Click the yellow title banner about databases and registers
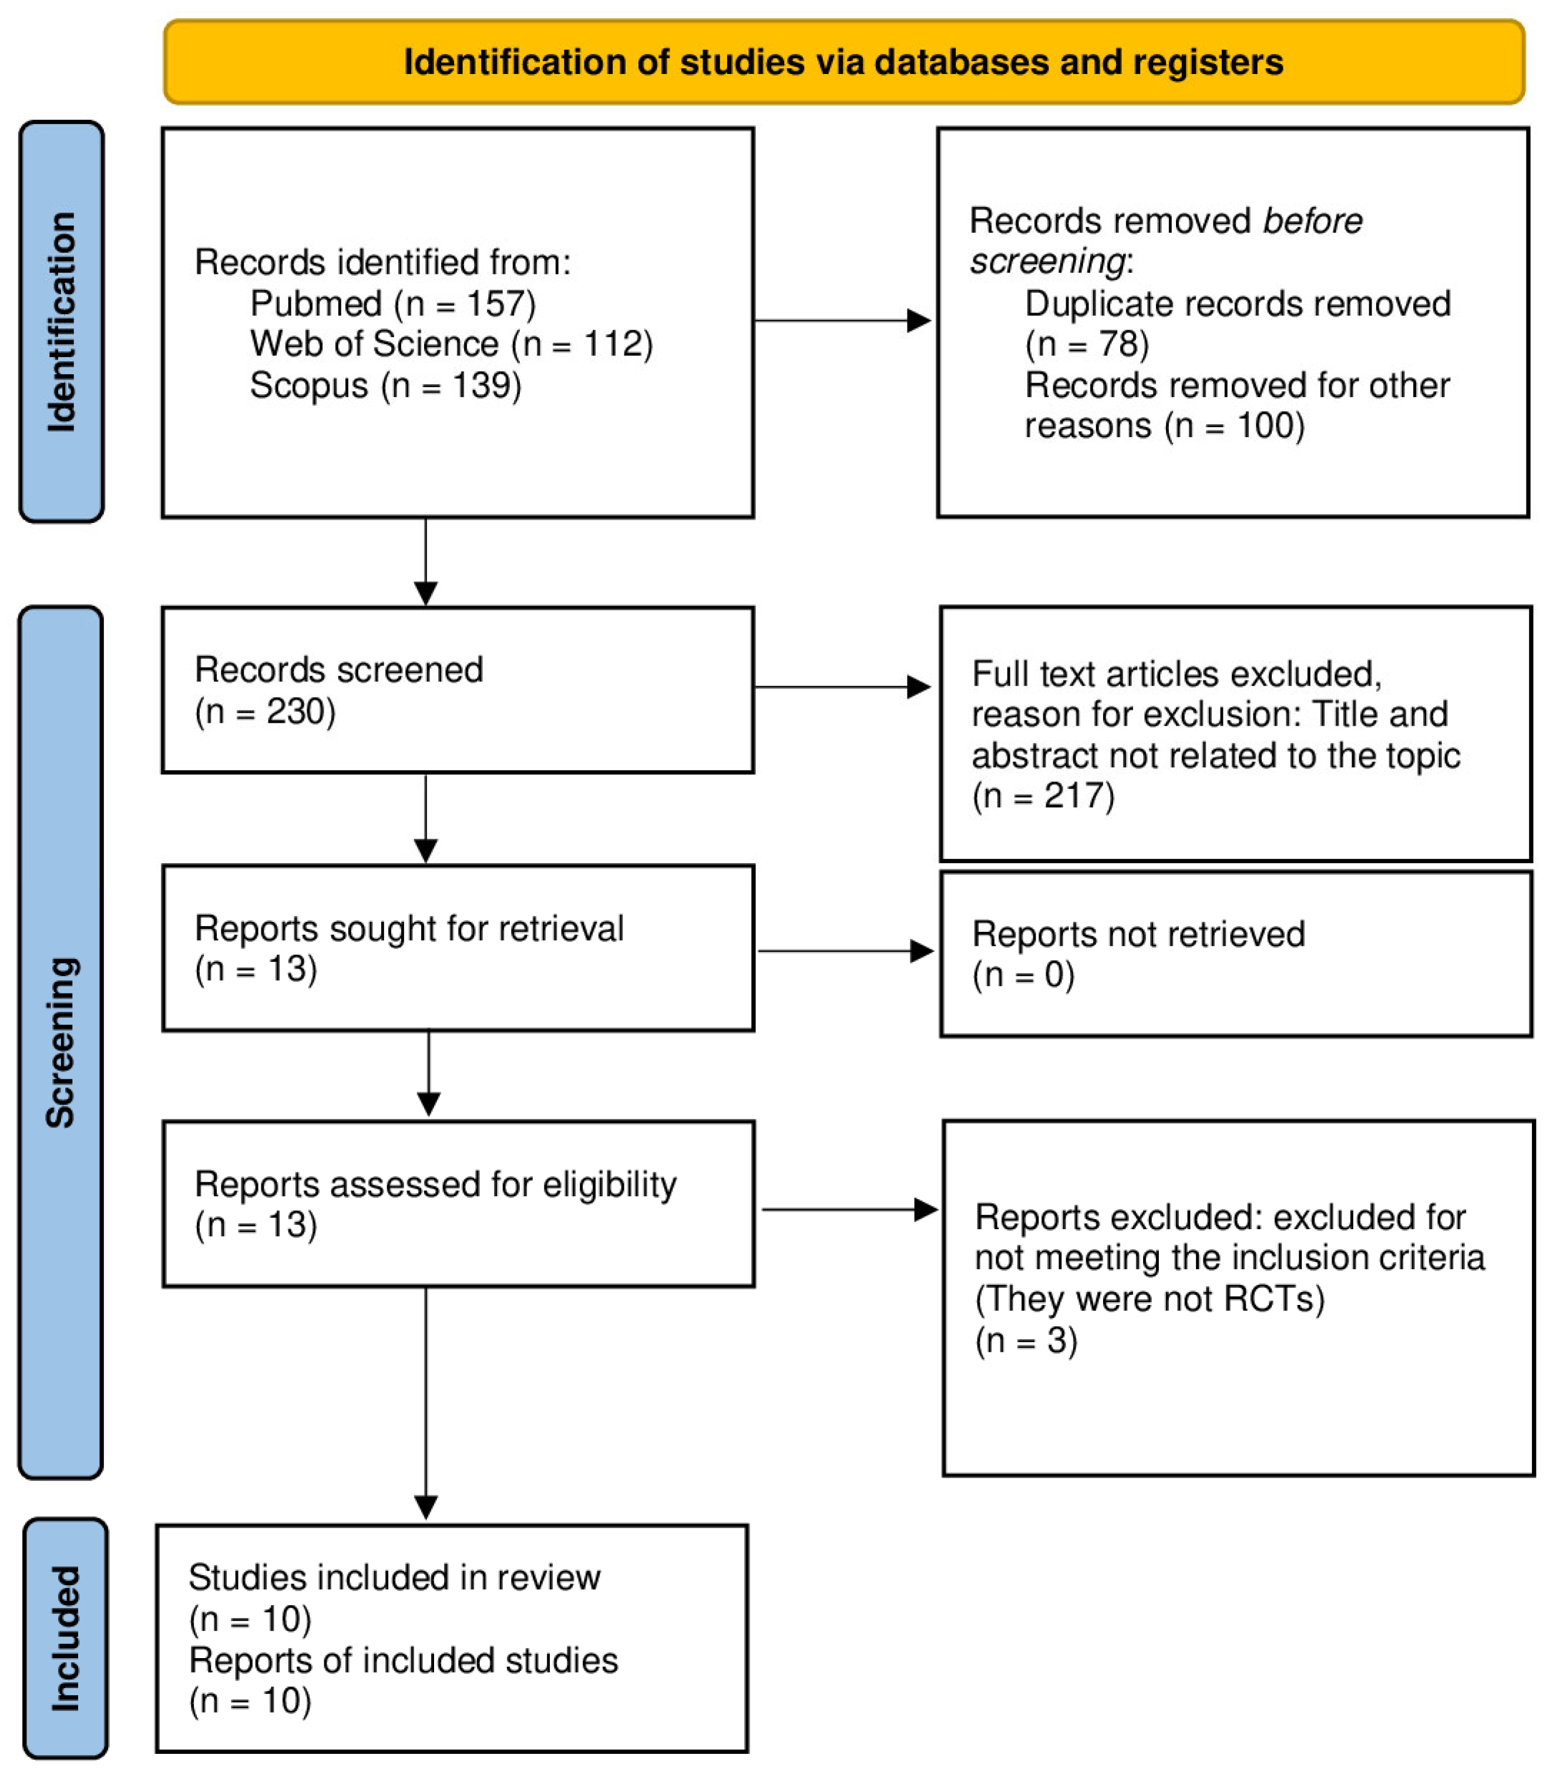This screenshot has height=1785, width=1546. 843,62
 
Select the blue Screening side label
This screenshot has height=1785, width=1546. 61,1042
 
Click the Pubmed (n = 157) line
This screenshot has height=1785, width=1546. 392,304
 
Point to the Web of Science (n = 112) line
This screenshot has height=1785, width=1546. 451,344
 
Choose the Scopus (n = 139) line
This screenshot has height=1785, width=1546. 386,385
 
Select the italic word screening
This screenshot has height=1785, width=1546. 1047,261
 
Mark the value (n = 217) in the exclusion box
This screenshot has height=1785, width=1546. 1043,796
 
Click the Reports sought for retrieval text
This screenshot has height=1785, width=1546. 409,928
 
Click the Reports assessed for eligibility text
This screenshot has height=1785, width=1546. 436,1185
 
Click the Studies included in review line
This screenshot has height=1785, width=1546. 394,1578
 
